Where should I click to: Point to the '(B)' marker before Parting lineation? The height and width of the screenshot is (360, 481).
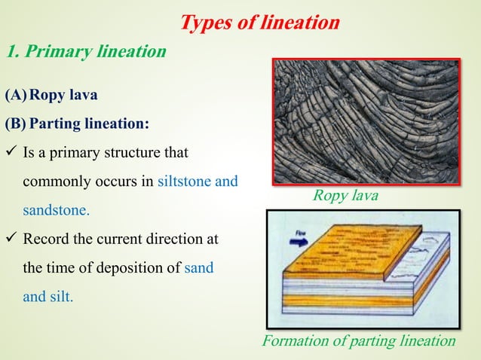point(17,122)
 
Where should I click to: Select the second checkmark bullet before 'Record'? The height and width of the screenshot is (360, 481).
point(11,239)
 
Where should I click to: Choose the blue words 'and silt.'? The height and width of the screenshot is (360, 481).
point(48,297)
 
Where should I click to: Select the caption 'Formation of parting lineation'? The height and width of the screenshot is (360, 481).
point(358,341)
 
